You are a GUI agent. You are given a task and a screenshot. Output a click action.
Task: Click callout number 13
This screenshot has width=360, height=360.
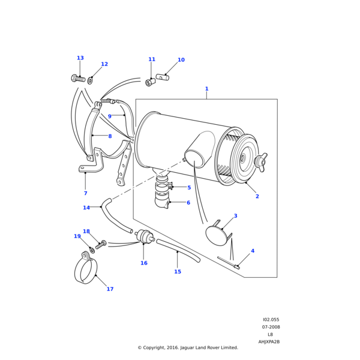click(x=80, y=58)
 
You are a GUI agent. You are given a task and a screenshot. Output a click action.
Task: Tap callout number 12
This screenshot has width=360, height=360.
click(x=104, y=64)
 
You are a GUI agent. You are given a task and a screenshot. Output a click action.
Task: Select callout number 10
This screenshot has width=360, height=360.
click(x=181, y=60)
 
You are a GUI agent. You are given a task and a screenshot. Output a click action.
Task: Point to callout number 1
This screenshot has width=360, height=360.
click(x=206, y=89)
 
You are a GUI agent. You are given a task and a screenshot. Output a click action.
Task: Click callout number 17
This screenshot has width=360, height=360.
click(x=110, y=289)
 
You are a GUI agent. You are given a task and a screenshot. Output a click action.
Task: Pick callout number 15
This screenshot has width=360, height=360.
click(x=177, y=272)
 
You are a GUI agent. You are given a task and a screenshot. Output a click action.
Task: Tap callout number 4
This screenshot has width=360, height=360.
click(x=252, y=251)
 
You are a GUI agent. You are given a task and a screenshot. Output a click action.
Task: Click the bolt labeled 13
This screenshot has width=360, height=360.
click(x=79, y=78)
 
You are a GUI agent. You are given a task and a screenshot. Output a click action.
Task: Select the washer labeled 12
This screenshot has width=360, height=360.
click(x=91, y=80)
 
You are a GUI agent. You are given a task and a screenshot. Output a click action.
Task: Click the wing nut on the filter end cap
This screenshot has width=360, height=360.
click(x=261, y=160)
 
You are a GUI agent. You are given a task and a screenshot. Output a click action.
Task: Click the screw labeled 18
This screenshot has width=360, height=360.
click(x=101, y=245)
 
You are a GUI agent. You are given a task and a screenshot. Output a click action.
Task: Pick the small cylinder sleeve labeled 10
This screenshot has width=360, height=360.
click(x=163, y=77)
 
